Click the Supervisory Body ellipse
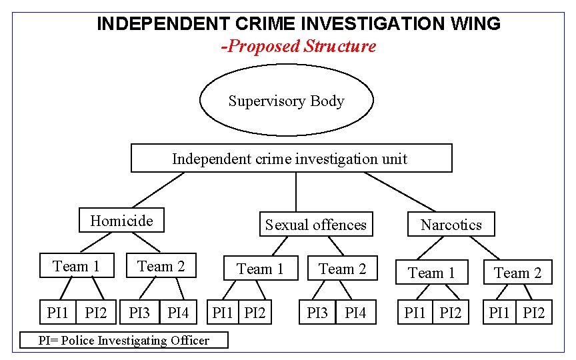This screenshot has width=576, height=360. coord(287,101)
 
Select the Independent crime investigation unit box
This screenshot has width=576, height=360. coord(291,159)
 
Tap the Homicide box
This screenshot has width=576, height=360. coord(121,221)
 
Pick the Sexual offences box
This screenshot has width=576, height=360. coord(316,225)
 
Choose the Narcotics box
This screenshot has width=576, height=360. coord(451,225)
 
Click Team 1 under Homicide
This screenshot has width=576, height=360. coord(76,267)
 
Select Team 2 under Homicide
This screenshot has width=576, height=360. coord(161,267)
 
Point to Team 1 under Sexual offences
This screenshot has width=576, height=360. coord(261,269)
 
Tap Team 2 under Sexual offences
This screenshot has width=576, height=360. coord(342,269)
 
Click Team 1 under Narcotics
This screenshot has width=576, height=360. coord(431,273)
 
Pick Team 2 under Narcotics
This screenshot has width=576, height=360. coord(518,273)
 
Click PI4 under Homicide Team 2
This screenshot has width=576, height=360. coord(179,312)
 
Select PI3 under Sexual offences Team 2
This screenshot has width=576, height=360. coord(317,312)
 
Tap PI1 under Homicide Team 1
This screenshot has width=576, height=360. coord(58,312)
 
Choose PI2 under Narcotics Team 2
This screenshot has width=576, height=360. coord(534,312)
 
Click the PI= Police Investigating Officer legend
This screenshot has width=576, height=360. coord(123,341)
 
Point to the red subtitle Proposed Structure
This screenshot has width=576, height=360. coord(299,46)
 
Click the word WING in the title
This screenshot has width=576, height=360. coord(475,24)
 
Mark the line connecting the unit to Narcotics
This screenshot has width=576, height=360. coord(400,193)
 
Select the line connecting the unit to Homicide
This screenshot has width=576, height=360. coord(157,191)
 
